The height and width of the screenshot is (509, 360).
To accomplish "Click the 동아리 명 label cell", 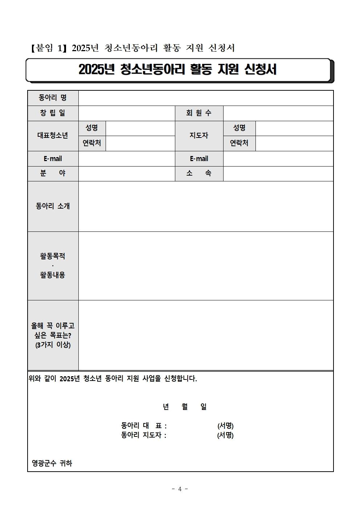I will (53, 98).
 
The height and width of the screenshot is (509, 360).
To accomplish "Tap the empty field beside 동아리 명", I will (206, 98).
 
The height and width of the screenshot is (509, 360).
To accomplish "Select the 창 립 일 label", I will (53, 113).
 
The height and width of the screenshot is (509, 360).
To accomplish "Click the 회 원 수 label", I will (199, 113).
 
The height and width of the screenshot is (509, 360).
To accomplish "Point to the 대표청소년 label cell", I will (53, 136).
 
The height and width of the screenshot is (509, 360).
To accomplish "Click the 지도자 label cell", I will (199, 136).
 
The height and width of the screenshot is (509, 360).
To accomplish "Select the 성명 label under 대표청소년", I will (92, 128).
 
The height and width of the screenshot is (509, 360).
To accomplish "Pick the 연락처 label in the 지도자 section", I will (239, 143).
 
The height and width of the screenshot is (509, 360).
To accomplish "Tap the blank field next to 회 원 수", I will (278, 113).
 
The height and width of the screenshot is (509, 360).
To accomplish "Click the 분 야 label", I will (53, 174).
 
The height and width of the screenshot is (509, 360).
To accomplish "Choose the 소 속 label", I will (199, 174).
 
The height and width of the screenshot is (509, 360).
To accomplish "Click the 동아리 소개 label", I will (53, 206).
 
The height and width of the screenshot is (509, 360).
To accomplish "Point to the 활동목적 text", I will (53, 256).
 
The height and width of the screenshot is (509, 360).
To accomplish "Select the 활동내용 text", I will (53, 275).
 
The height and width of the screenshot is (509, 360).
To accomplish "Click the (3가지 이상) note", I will (53, 345).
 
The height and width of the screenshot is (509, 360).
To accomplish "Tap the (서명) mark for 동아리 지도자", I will (225, 435).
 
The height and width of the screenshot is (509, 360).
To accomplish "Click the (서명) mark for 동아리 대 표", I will (225, 426).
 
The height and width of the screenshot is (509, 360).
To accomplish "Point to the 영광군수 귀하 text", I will (52, 463).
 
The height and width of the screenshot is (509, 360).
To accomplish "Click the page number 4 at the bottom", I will (180, 489).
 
